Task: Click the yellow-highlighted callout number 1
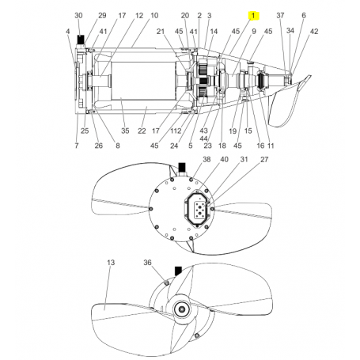pos(253,16)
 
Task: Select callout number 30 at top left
pos(78,16)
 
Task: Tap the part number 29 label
pos(102,16)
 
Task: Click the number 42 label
pos(314,31)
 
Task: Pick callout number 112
pos(176,131)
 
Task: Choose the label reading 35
pos(124,131)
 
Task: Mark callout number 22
pos(142,131)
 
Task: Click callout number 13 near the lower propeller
pos(111,262)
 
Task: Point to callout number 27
pos(265,159)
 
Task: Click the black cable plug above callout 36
pos(178,270)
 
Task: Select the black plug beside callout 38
pos(182,167)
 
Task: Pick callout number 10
pos(153,16)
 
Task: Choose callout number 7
pos(77,146)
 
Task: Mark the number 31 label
pos(244,159)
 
